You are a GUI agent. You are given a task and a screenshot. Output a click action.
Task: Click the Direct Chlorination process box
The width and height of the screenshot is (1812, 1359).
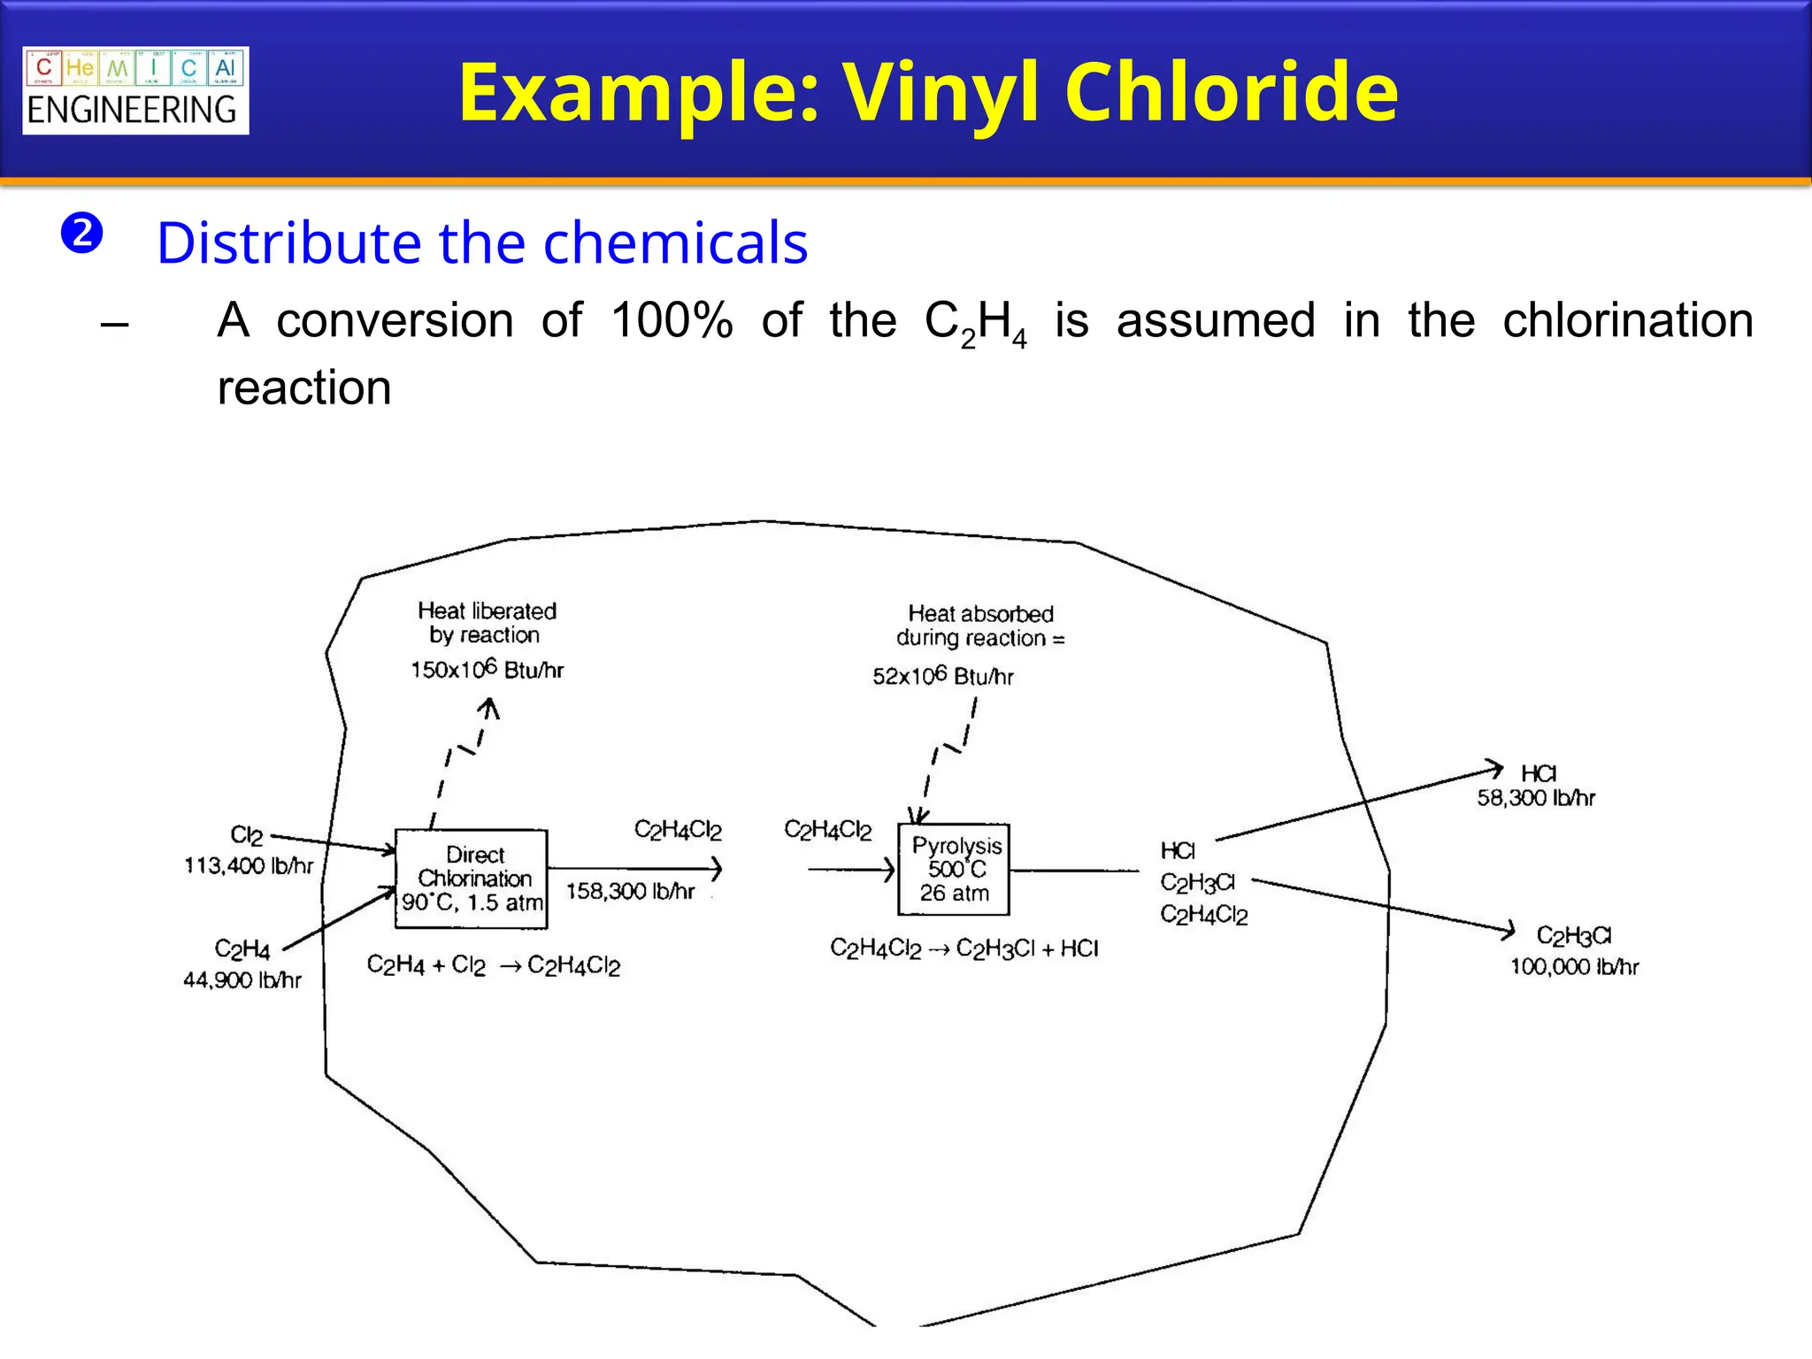coord(471,878)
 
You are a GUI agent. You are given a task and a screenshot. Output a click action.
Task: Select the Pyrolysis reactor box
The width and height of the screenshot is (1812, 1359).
coord(954,869)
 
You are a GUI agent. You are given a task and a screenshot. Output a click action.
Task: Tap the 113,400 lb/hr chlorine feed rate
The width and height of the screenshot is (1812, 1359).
coord(249,865)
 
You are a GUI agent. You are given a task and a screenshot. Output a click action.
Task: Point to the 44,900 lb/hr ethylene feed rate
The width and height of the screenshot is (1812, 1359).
coord(242,980)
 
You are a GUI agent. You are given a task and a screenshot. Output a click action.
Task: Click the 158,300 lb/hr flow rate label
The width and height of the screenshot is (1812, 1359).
coord(630,891)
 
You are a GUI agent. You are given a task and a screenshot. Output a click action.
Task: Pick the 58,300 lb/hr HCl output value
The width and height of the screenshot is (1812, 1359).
coord(1535,798)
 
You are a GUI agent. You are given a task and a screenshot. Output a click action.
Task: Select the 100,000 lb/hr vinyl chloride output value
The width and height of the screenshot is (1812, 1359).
coord(1574,966)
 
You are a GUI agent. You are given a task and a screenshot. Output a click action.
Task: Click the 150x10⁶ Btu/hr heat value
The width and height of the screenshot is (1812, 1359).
coord(487,669)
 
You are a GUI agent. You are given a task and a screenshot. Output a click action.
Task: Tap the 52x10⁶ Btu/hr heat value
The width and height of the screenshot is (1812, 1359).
coord(942,676)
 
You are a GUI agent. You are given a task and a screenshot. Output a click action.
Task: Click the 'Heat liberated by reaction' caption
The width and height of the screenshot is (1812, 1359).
coord(487,623)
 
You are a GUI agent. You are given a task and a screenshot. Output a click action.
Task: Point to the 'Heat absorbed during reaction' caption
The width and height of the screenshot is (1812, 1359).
coord(980,626)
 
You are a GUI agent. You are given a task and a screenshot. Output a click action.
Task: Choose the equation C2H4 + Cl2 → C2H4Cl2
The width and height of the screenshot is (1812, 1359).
coord(493,965)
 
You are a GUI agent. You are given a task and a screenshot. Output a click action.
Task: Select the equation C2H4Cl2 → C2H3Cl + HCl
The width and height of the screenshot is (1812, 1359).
coord(964,949)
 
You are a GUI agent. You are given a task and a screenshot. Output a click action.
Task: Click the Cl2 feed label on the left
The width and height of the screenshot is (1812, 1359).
coord(246,835)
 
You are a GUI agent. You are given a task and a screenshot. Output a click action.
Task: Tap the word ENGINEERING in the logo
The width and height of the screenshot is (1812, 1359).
coord(132,111)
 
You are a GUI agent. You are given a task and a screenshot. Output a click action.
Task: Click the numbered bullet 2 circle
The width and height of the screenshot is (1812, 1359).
coord(82,234)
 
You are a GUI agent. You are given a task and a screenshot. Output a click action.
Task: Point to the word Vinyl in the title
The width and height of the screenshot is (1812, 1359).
coord(943,92)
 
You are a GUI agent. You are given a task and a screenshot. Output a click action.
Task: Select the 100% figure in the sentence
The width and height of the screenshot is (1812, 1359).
coord(672,319)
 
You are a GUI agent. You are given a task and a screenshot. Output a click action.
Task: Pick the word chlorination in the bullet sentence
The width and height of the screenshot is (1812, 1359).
coord(1627,319)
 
